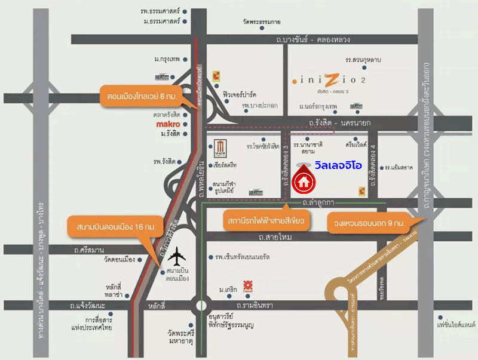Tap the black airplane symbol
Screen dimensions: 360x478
click(x=177, y=258)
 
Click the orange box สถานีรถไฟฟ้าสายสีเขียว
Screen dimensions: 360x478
click(x=266, y=221)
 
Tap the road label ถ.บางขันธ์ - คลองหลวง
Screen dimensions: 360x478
click(x=313, y=39)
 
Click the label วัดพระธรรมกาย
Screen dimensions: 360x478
click(x=262, y=22)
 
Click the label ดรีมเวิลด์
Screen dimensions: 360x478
click(x=356, y=145)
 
